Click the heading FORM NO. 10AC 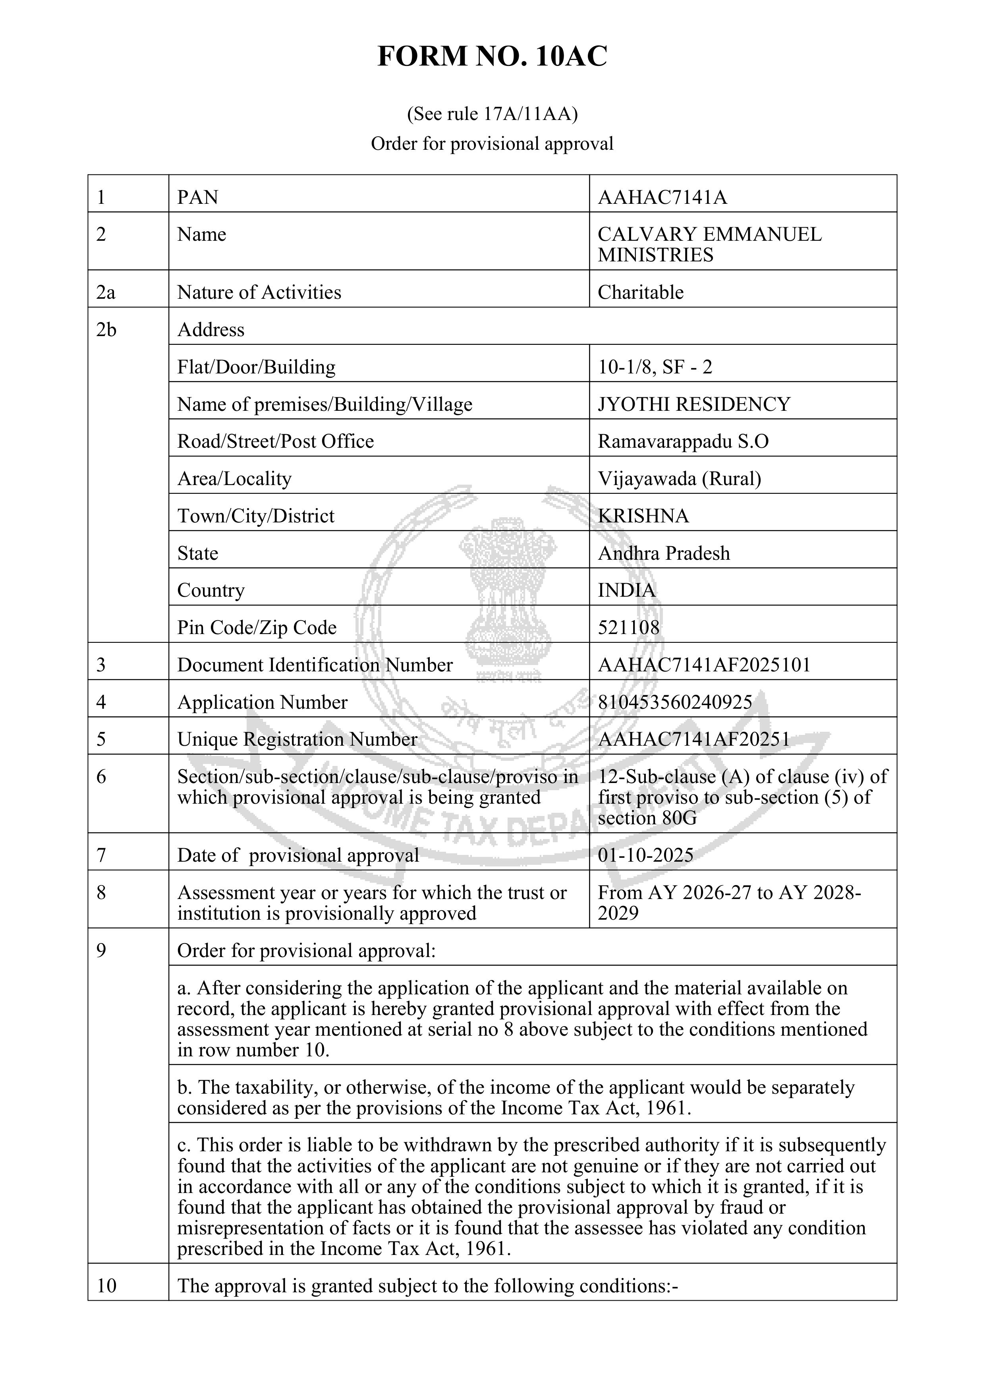[492, 56]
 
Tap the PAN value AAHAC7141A [662, 197]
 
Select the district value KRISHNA [643, 516]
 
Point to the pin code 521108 [628, 627]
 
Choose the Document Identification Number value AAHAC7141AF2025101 [704, 665]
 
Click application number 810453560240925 [675, 702]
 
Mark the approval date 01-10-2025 [645, 855]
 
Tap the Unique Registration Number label [297, 739]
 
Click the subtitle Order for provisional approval [492, 144]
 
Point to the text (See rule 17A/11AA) [492, 114]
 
